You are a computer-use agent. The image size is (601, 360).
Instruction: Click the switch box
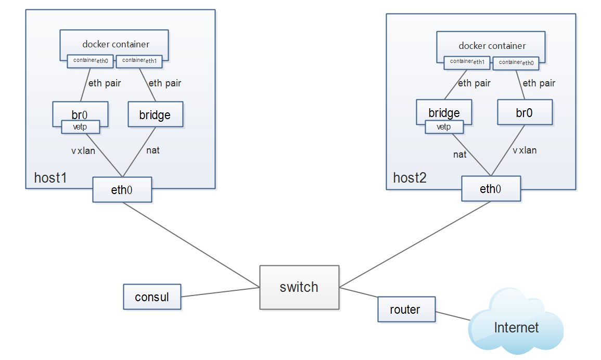click(x=299, y=287)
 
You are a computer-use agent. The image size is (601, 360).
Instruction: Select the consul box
click(x=152, y=297)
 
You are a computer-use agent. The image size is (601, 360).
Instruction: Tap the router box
click(x=406, y=310)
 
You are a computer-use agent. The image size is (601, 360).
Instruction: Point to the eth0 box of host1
click(x=122, y=190)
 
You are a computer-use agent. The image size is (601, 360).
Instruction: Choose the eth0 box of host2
click(x=491, y=189)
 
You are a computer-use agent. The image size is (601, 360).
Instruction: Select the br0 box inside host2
click(x=525, y=112)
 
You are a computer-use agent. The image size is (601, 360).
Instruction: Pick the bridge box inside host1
click(x=155, y=114)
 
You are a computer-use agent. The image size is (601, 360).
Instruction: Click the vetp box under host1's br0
click(x=81, y=127)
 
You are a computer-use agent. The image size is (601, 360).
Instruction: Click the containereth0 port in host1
click(x=91, y=61)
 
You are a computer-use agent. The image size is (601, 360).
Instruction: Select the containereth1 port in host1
click(x=139, y=61)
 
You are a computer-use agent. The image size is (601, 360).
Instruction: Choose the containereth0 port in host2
click(x=517, y=62)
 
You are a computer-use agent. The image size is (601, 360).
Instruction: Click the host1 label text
click(x=50, y=178)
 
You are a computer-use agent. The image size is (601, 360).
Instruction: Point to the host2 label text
click(x=410, y=178)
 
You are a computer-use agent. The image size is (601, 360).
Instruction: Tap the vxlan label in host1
click(x=83, y=151)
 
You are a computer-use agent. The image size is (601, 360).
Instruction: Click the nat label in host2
click(x=459, y=155)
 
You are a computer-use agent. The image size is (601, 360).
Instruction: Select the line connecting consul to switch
click(x=221, y=292)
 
